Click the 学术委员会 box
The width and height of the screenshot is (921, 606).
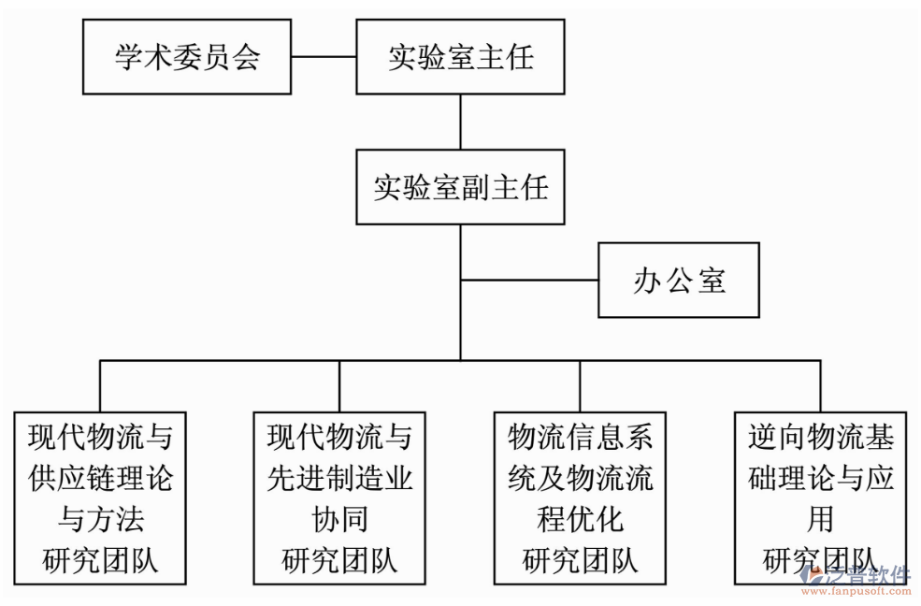coord(186,57)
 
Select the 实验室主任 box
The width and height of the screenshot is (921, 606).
coord(460,57)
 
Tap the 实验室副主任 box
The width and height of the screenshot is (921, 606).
coord(460,187)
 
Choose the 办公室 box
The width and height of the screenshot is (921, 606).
coord(678,281)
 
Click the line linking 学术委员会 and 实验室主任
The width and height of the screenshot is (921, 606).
coord(323,57)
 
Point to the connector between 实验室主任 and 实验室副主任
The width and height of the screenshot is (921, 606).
coord(460,122)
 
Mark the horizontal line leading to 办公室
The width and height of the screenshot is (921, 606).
coord(529,280)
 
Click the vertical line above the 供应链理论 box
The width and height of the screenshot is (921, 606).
coord(100,385)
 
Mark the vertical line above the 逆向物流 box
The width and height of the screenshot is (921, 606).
coord(820,385)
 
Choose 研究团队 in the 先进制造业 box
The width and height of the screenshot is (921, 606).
coord(339,560)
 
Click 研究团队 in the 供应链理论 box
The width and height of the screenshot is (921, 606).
coord(100,560)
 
